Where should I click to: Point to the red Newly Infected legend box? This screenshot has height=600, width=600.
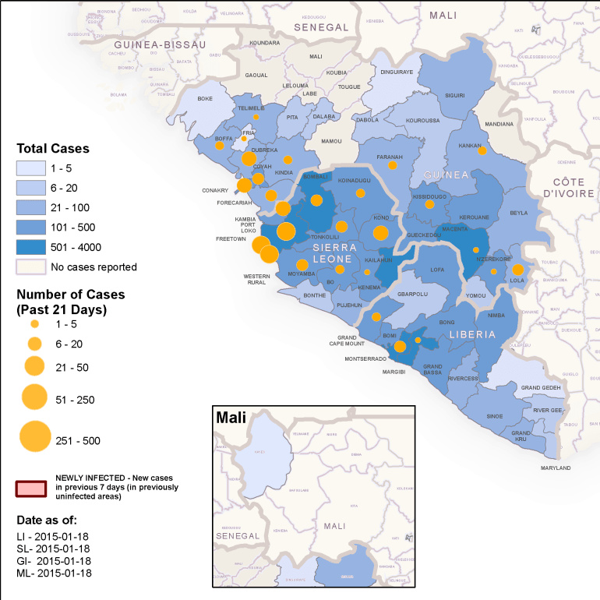[31, 488]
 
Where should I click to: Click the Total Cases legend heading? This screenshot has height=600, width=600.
[53, 148]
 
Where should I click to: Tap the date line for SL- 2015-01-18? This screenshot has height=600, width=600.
[55, 548]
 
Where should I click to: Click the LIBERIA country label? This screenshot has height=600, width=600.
[471, 334]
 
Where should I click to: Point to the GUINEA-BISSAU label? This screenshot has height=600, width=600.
[159, 44]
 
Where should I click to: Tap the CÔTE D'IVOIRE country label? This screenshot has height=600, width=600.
[569, 187]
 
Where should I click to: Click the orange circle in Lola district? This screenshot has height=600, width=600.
[517, 270]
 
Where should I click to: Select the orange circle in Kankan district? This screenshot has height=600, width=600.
[482, 150]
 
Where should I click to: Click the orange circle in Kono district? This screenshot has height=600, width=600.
[380, 233]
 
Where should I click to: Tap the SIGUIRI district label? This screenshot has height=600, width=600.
[454, 95]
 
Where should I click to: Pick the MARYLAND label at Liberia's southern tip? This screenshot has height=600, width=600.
[556, 468]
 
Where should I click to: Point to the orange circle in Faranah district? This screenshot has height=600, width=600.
[393, 165]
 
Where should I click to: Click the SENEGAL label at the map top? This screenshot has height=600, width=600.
[320, 27]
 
